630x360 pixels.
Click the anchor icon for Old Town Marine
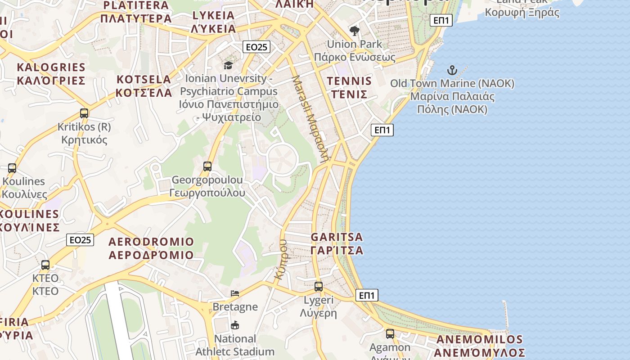point(452,70)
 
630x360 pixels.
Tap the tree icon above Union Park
point(355,31)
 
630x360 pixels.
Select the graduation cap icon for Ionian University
point(228,66)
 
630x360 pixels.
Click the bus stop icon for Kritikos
point(84,113)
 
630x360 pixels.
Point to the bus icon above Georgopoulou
point(207,166)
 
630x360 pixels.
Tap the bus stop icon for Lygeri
point(319,287)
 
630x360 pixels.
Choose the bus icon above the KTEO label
point(45,265)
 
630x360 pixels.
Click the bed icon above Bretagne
point(235,293)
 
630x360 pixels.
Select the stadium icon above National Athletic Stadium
point(234,325)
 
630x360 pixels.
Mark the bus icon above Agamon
point(390,334)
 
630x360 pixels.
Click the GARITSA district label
point(337,243)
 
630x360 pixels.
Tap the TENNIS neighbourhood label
point(350,88)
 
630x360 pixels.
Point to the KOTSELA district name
point(144,86)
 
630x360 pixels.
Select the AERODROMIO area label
point(151,248)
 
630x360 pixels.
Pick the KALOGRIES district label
point(51,74)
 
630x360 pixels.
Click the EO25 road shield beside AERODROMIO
point(81,240)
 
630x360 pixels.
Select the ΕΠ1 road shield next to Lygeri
point(367,295)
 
